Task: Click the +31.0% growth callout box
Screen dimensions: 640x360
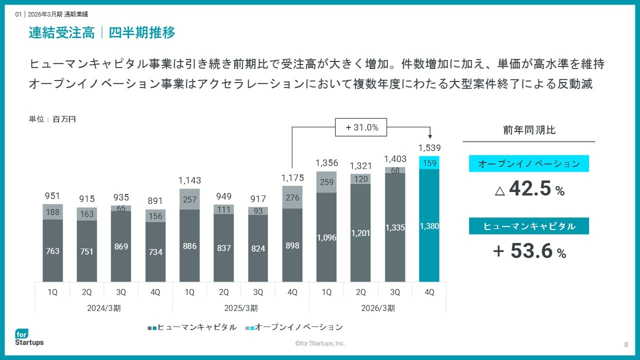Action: [361, 127]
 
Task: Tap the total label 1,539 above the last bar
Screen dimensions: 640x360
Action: [429, 148]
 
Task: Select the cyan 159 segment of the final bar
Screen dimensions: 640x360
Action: [429, 162]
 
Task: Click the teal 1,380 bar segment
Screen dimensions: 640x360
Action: [429, 225]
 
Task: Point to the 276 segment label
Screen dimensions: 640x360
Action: [292, 197]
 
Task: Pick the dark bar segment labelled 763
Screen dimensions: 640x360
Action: [52, 250]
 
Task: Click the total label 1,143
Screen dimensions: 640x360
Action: [189, 180]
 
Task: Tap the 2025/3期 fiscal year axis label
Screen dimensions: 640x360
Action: [241, 308]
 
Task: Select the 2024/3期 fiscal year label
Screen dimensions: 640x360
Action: [103, 308]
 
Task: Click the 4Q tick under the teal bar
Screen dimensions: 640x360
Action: [429, 292]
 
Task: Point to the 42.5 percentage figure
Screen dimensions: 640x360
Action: [529, 188]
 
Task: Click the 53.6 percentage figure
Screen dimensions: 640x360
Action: [531, 250]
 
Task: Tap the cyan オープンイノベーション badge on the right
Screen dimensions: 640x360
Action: [529, 163]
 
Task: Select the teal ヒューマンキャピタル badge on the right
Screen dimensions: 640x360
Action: [529, 226]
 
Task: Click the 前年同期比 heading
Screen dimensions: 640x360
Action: [529, 130]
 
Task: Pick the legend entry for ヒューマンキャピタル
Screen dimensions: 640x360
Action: [192, 327]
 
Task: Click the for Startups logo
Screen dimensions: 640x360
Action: [29, 337]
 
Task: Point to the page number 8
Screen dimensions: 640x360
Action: [626, 344]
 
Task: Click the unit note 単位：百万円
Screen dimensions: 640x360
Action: [52, 119]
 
